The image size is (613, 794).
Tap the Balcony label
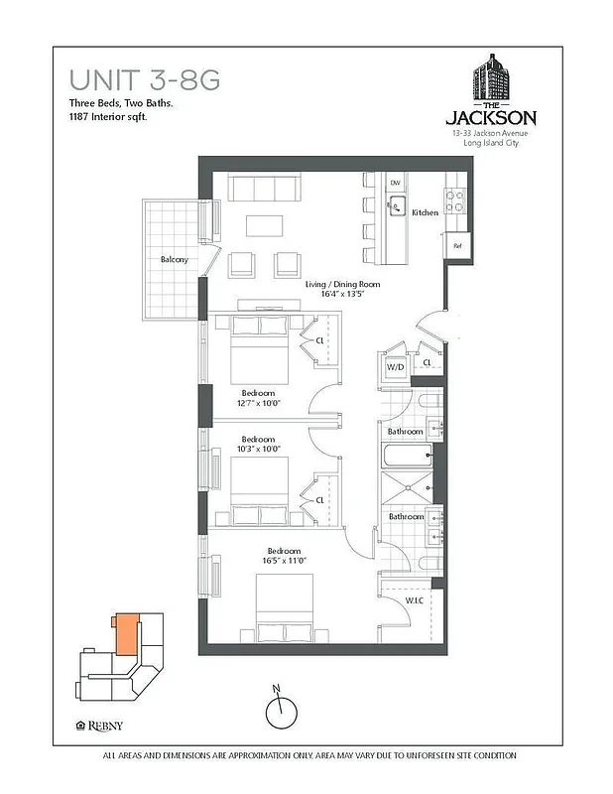click(174, 260)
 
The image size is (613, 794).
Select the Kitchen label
click(426, 212)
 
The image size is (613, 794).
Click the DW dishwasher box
click(395, 183)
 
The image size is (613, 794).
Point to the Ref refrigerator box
click(457, 245)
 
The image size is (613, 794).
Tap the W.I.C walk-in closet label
click(415, 600)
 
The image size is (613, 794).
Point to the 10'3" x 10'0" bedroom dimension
click(260, 449)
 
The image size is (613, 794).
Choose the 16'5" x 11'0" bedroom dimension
click(284, 562)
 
